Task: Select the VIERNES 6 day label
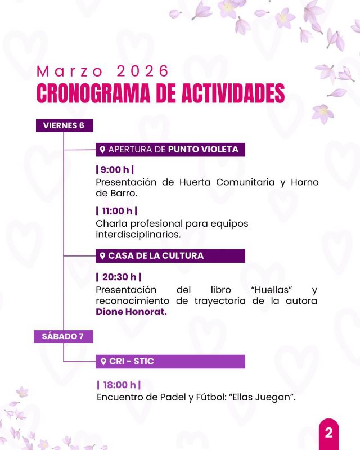pos(64,125)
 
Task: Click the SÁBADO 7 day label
pos(63,336)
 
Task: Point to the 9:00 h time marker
pos(115,170)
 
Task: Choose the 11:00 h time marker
pos(117,211)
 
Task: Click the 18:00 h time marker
pos(118,385)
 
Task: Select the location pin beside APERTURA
pos(103,150)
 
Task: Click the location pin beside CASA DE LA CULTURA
pos(103,256)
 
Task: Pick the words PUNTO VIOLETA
pos(203,150)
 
